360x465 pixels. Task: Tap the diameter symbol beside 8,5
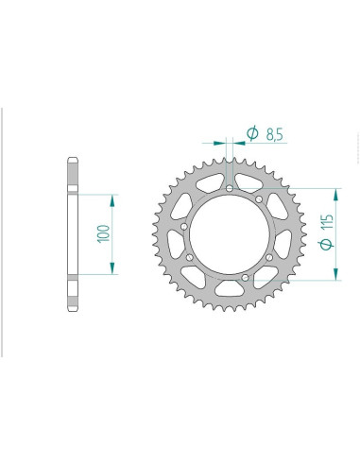(252, 134)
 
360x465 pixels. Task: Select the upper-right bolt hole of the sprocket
(259, 198)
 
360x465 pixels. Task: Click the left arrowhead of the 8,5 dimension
(222, 145)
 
